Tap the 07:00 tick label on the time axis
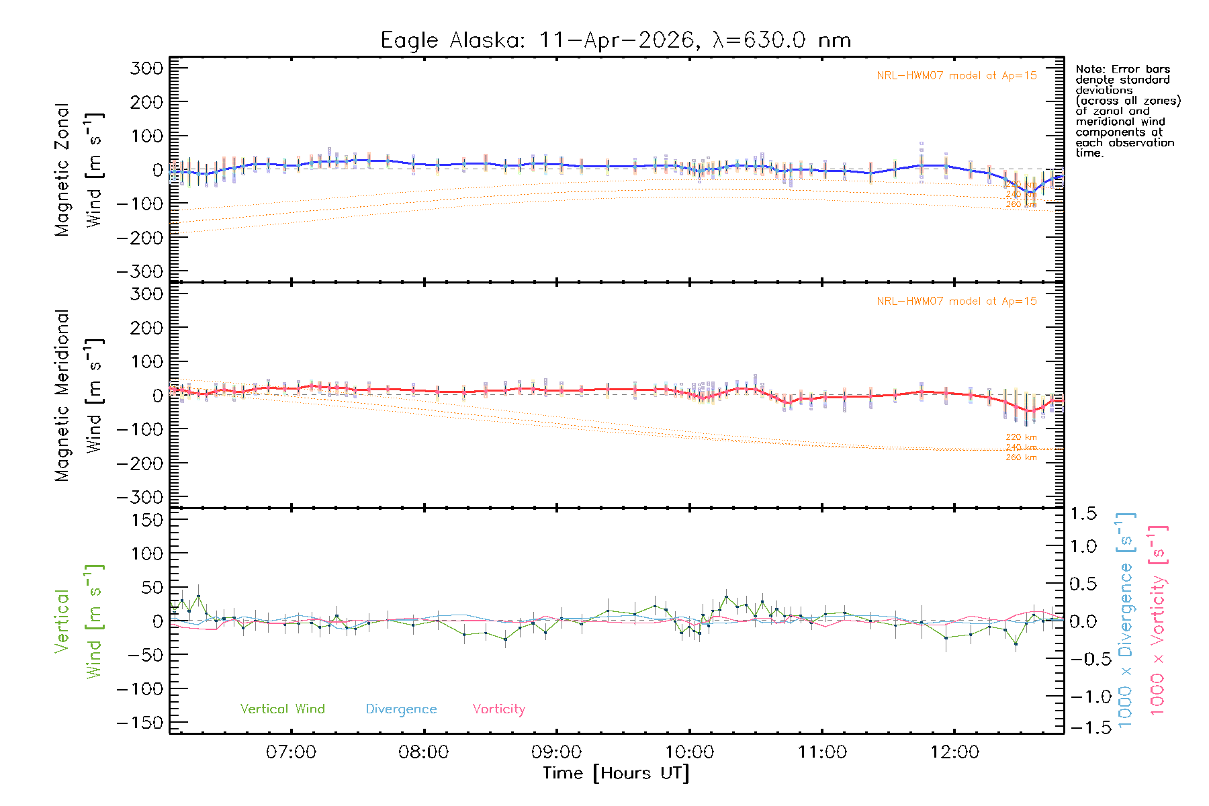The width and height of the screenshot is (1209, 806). click(x=291, y=752)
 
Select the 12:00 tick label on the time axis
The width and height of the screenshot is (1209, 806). click(x=954, y=752)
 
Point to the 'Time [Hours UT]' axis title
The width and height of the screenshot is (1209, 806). click(x=616, y=773)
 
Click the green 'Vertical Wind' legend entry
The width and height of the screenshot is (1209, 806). click(x=282, y=709)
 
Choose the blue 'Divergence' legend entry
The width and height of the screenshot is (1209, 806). click(x=401, y=709)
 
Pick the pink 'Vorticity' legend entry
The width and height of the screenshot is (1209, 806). click(x=498, y=709)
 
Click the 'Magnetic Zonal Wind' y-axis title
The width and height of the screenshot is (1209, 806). click(x=79, y=169)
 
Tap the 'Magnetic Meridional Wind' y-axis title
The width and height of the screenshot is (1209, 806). click(x=79, y=395)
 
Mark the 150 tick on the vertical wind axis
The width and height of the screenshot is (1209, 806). click(x=147, y=520)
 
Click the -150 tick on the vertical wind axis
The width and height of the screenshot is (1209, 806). click(x=140, y=723)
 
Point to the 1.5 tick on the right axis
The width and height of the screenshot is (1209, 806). click(x=1083, y=514)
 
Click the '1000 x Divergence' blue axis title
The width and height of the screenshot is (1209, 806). click(x=1125, y=619)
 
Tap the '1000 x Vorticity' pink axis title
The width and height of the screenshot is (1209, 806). click(x=1157, y=619)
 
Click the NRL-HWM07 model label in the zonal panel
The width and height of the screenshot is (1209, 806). click(x=956, y=76)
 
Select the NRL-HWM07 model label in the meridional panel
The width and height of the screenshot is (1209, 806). click(x=956, y=302)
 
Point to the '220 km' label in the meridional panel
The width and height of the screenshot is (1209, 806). click(x=1021, y=437)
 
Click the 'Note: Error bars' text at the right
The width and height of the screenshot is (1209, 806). click(x=1123, y=70)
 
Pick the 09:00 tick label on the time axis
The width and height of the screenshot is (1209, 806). click(x=556, y=752)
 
